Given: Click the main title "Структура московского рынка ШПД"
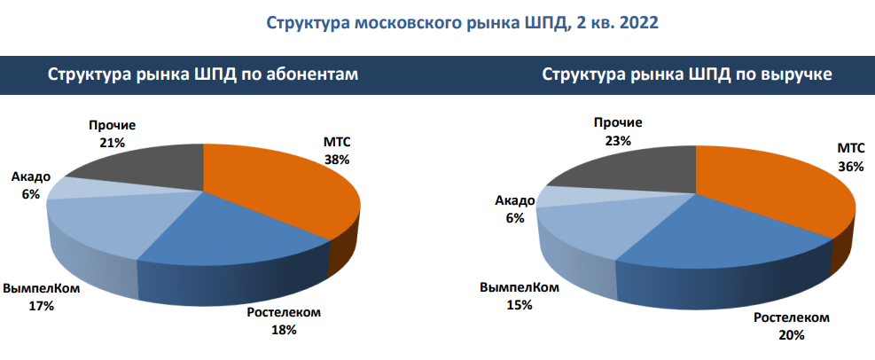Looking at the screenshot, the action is point(415,23).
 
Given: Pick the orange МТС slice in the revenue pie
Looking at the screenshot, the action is point(781,192).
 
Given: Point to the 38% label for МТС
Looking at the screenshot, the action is point(337,160).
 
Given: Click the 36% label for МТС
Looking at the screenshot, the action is point(852,167).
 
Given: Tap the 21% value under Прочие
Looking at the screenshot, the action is point(113,143).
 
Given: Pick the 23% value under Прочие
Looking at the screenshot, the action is point(618,141).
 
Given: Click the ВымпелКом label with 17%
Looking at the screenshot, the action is point(42,298).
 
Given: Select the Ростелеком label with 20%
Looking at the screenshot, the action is point(792,326).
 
